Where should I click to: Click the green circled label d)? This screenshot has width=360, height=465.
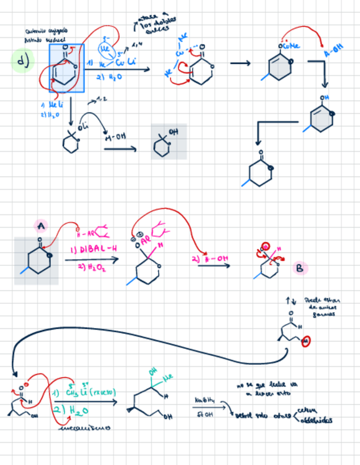(x=22, y=62)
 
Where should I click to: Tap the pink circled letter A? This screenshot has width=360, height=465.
(x=41, y=225)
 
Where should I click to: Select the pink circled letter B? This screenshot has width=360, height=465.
(x=299, y=268)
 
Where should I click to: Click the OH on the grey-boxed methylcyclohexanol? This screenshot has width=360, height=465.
(x=174, y=132)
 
